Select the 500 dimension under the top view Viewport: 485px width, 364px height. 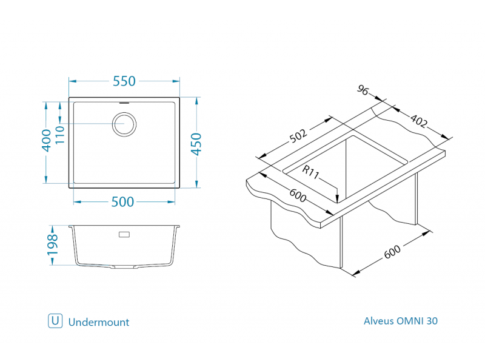[x=123, y=203]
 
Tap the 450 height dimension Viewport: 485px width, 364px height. [x=196, y=144]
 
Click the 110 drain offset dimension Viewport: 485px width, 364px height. [x=59, y=133]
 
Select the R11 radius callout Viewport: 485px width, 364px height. [x=310, y=172]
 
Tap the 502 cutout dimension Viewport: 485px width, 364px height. [x=298, y=136]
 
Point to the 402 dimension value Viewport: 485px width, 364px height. [x=418, y=121]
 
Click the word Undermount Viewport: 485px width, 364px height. [x=99, y=322]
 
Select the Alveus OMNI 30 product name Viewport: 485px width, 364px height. [x=400, y=321]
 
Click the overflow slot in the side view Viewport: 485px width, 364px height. [x=124, y=234]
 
